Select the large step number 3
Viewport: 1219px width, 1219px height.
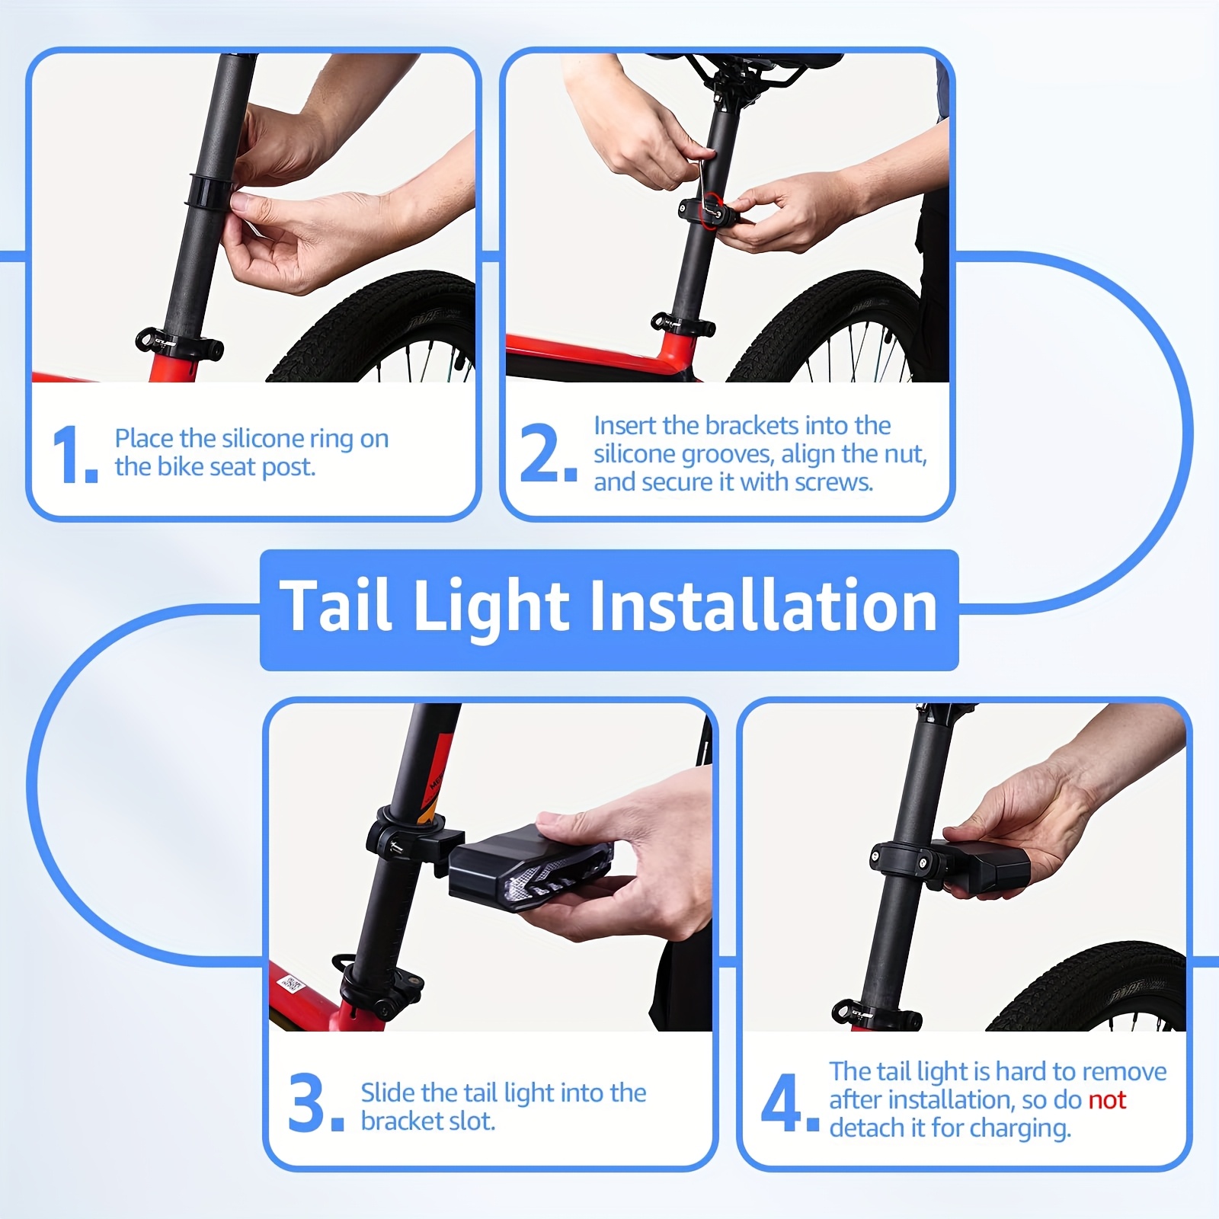(308, 1102)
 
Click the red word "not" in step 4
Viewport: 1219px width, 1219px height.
(1107, 1099)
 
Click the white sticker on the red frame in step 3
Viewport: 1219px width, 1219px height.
(292, 987)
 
